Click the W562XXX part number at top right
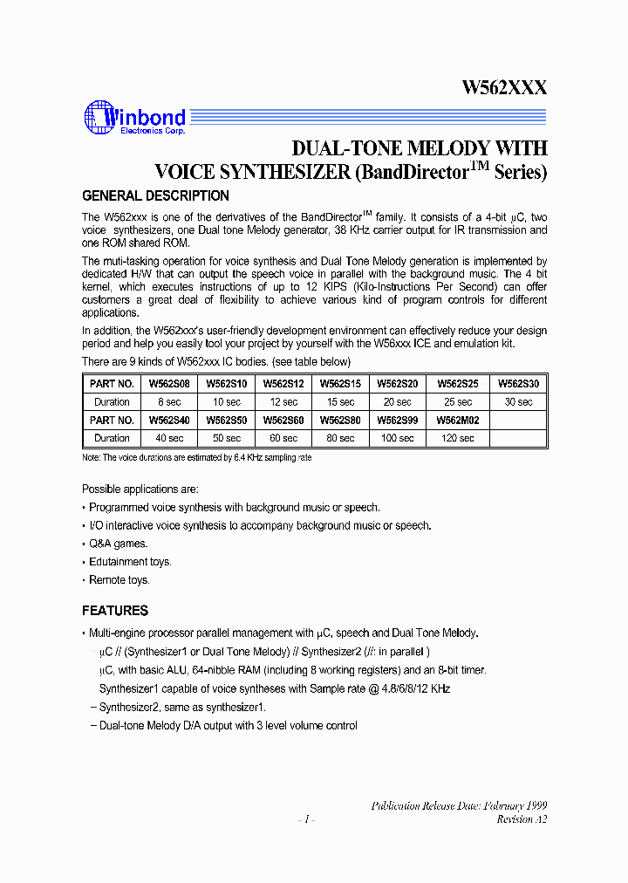(x=504, y=88)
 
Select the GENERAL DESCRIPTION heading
(x=155, y=195)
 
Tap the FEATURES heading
(x=115, y=611)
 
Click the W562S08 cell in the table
(x=168, y=383)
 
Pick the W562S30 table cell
(x=518, y=383)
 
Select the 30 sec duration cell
(x=518, y=402)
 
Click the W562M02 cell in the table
(x=458, y=420)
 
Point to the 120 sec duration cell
(x=458, y=438)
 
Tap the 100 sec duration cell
(x=398, y=438)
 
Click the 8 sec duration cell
(x=168, y=402)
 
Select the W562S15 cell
(x=338, y=383)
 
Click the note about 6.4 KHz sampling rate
(x=196, y=457)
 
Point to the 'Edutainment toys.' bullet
(x=130, y=562)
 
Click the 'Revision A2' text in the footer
(x=522, y=819)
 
